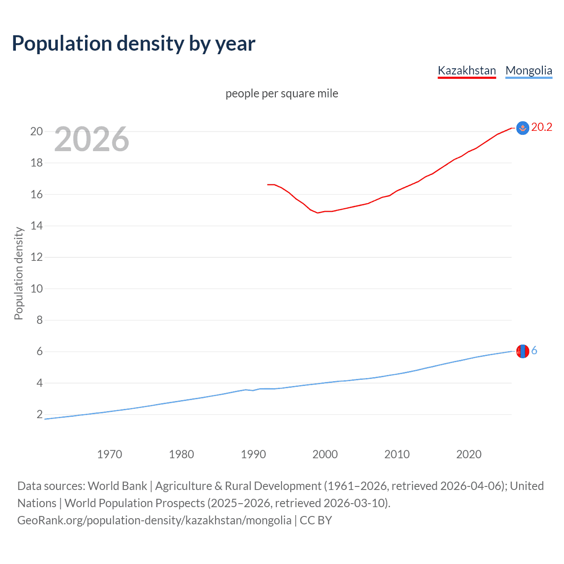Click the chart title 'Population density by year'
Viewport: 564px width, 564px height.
tap(134, 44)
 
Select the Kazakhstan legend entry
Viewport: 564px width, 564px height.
tap(467, 70)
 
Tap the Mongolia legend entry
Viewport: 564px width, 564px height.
tap(529, 70)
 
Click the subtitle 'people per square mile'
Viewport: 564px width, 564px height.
tap(282, 94)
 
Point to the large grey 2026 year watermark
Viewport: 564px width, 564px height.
tap(92, 139)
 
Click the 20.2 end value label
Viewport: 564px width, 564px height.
tap(542, 127)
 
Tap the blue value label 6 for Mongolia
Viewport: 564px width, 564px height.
tap(534, 351)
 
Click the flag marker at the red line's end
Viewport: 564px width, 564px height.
tap(523, 128)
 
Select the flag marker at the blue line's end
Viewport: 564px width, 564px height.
tap(523, 351)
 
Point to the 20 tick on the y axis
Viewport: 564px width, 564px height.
tap(37, 131)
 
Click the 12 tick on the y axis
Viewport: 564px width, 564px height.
tap(37, 257)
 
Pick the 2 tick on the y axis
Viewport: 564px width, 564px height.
tap(40, 415)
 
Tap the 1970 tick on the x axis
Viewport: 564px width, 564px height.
tap(109, 454)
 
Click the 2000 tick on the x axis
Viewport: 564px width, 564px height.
tap(325, 454)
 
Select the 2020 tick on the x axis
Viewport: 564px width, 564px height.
tap(469, 454)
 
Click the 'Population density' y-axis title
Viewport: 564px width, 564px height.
tap(19, 273)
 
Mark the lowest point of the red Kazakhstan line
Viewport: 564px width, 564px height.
tap(318, 213)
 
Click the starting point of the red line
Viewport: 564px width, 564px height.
tap(267, 185)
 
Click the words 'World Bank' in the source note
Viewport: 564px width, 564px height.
tap(117, 486)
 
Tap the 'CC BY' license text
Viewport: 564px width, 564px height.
tap(315, 520)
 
